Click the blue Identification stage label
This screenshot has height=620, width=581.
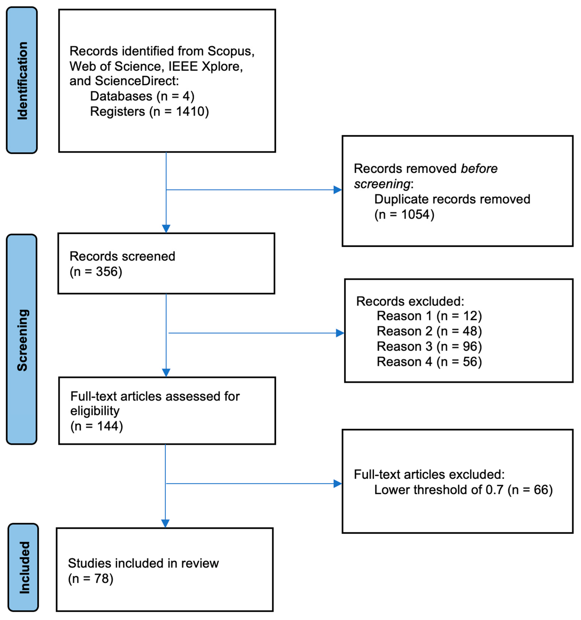tap(22, 80)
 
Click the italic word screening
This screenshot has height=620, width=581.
tap(382, 184)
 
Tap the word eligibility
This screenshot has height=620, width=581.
tap(95, 411)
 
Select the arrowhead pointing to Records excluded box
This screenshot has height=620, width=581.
tap(340, 333)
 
